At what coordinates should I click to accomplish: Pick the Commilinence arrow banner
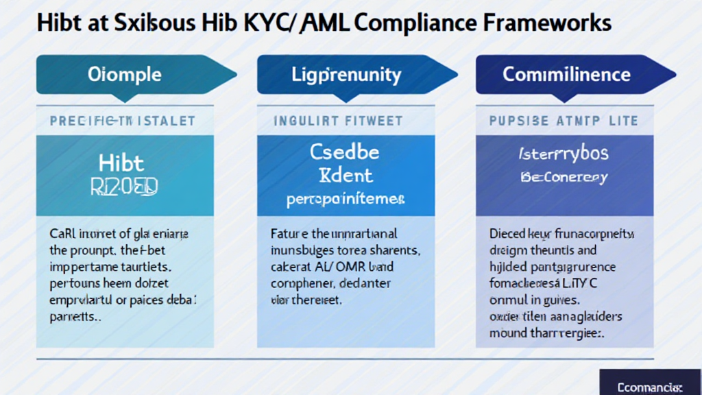pos(566,74)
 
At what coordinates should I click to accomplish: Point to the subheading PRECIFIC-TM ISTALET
pos(122,121)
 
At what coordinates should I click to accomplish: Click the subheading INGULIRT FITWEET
pos(338,121)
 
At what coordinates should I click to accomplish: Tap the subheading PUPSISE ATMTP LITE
pos(564,121)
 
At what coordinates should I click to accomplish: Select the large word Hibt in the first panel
pos(121,163)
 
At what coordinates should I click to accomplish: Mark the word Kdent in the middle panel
pos(344,175)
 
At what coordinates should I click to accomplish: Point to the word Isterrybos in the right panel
pos(564,154)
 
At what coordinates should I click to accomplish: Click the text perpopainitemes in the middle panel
pos(345,200)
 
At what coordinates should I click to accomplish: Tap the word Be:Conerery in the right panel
pos(564,178)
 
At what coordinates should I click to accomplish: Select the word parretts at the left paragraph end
pos(75,317)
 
